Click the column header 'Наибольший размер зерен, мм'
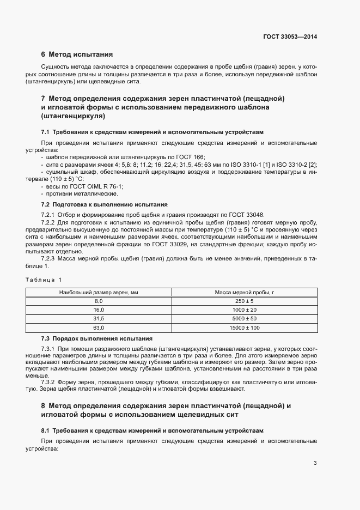(x=99, y=293)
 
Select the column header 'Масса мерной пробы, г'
(x=244, y=293)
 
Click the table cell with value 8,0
(x=99, y=301)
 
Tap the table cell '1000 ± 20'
(x=244, y=309)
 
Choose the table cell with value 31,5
(x=99, y=318)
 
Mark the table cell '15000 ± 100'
(x=244, y=327)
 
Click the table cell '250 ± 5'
(x=244, y=301)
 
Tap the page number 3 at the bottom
(x=315, y=463)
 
